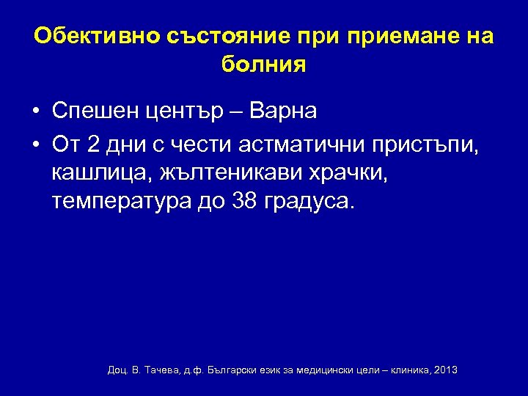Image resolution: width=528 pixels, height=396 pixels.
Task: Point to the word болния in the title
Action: click(x=263, y=65)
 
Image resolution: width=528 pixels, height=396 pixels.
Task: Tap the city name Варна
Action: click(x=283, y=111)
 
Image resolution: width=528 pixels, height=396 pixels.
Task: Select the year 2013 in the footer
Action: click(x=446, y=370)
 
